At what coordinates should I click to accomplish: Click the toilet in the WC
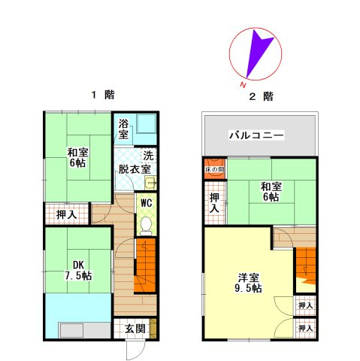(x=146, y=226)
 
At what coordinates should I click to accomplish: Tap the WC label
(x=147, y=203)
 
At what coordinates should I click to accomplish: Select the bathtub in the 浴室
(x=147, y=123)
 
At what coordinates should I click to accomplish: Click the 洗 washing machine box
(x=149, y=156)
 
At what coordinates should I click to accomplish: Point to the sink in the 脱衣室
(x=151, y=183)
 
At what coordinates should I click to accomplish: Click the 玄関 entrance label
(x=135, y=329)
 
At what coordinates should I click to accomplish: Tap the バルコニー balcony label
(x=257, y=135)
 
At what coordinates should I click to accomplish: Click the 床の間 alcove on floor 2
(x=215, y=168)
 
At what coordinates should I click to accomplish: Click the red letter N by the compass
(x=242, y=85)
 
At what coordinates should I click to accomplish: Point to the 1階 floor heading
(x=103, y=95)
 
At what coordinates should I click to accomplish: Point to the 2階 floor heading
(x=261, y=96)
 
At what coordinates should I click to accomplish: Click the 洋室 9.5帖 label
(x=248, y=283)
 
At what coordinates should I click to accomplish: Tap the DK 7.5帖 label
(x=78, y=270)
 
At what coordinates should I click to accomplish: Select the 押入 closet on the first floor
(x=67, y=214)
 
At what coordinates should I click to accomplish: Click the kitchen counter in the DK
(x=85, y=330)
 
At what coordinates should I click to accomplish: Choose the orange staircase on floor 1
(x=145, y=265)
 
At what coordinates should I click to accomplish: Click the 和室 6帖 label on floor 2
(x=271, y=192)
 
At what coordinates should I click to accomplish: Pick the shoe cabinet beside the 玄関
(x=153, y=328)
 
